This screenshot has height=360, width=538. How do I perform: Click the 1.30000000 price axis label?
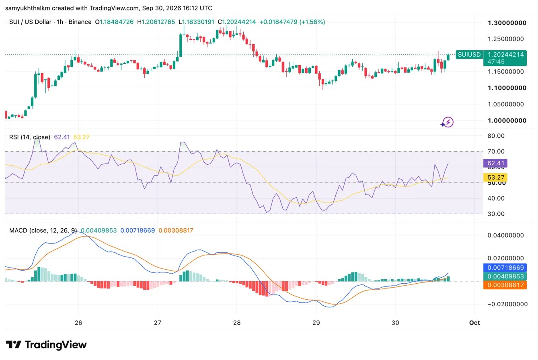(x=507, y=23)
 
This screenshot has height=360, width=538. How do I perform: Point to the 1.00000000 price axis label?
(x=507, y=121)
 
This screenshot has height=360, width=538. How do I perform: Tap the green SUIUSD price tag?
(x=469, y=55)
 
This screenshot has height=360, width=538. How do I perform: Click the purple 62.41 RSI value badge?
(x=495, y=163)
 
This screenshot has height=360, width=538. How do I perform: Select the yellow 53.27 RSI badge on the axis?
(x=495, y=177)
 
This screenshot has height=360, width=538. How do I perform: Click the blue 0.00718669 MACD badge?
(x=505, y=268)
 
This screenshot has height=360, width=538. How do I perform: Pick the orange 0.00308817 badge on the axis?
(x=505, y=285)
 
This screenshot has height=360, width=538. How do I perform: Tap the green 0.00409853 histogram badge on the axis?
(x=505, y=276)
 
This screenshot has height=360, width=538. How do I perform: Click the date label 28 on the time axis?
(x=237, y=323)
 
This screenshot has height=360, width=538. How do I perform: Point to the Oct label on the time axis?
(x=474, y=323)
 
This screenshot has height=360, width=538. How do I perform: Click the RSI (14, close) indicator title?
(x=29, y=137)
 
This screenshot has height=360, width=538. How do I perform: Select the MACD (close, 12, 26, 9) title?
(x=43, y=230)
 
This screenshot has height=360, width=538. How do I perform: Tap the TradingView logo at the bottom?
(x=46, y=345)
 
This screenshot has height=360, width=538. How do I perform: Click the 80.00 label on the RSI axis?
(x=496, y=136)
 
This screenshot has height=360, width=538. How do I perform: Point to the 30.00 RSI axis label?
(x=496, y=214)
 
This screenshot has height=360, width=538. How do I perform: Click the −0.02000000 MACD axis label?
(x=505, y=304)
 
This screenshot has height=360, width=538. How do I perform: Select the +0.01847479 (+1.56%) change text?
(x=292, y=22)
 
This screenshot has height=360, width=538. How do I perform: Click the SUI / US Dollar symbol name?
(x=30, y=22)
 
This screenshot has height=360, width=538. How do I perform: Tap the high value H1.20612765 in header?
(x=156, y=22)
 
